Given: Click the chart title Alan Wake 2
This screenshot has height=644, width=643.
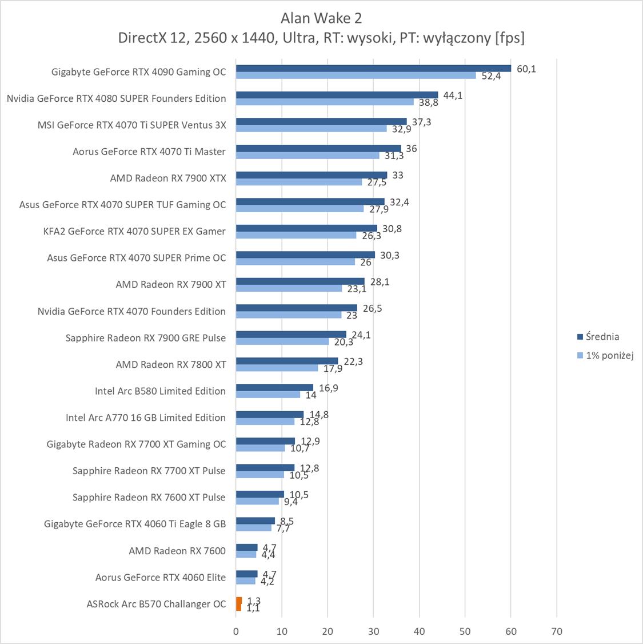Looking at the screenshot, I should coord(321,18).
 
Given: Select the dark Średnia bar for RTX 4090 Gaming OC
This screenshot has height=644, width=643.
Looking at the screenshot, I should coord(373,69).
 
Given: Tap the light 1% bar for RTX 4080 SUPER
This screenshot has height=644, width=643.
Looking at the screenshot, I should coord(325,102).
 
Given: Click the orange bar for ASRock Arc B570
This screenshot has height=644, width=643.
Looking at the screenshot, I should coord(238,603).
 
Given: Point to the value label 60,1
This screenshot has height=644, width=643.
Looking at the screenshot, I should coord(526,69).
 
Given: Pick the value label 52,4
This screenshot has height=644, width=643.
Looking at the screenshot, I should coord(491,76).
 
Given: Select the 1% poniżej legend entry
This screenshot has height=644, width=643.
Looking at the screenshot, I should coord(609,356).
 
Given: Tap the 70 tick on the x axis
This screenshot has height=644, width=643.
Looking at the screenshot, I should coord(557,631).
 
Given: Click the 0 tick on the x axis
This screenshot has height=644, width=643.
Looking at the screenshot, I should coord(236,631).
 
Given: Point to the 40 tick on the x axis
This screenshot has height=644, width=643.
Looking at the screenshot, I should coord(420,631).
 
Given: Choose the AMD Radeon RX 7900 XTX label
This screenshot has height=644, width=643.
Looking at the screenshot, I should coord(168,178).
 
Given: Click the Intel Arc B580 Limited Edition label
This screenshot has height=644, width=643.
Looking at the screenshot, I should coord(160,391).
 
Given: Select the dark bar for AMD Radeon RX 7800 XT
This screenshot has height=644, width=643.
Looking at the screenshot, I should coord(287,361).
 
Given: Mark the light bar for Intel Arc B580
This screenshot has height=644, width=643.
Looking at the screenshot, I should coord(268,395).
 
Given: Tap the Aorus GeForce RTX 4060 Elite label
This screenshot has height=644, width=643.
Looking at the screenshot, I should coord(161,578).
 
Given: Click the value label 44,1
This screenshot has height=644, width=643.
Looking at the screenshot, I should coord(453,96).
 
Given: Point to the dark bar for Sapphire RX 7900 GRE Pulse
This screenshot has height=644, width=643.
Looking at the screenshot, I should coord(291,335).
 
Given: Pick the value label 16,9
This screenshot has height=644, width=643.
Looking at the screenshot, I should coord(329,388).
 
